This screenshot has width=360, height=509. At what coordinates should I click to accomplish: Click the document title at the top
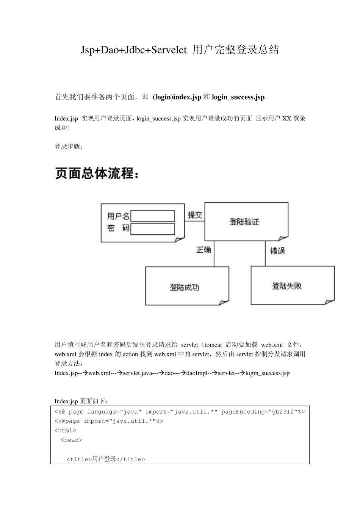click(x=180, y=50)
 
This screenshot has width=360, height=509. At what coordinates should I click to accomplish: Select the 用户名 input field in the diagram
click(x=152, y=216)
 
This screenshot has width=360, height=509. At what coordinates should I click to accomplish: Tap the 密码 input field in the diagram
click(x=152, y=229)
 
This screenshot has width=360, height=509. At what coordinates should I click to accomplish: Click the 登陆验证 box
click(x=244, y=222)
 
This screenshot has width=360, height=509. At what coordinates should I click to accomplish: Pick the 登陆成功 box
click(x=185, y=287)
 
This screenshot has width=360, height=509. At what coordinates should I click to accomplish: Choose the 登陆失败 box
click(x=287, y=286)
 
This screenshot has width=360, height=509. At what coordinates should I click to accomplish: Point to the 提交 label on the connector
click(x=195, y=215)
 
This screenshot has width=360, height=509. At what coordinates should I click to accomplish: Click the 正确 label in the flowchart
click(x=203, y=250)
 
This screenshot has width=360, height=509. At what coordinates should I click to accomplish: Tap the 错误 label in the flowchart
click(x=277, y=251)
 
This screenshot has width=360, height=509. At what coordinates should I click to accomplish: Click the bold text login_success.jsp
click(x=238, y=97)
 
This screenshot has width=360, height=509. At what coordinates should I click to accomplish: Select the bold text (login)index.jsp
click(x=177, y=97)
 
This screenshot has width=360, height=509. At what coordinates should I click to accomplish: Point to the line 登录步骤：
click(x=69, y=147)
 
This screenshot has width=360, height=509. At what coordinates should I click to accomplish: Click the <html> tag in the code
click(x=65, y=431)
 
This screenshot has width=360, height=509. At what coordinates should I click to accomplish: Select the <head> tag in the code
click(x=71, y=440)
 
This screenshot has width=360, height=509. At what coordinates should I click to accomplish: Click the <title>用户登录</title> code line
click(x=106, y=459)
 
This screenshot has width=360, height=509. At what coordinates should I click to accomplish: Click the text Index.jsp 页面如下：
click(x=81, y=401)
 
